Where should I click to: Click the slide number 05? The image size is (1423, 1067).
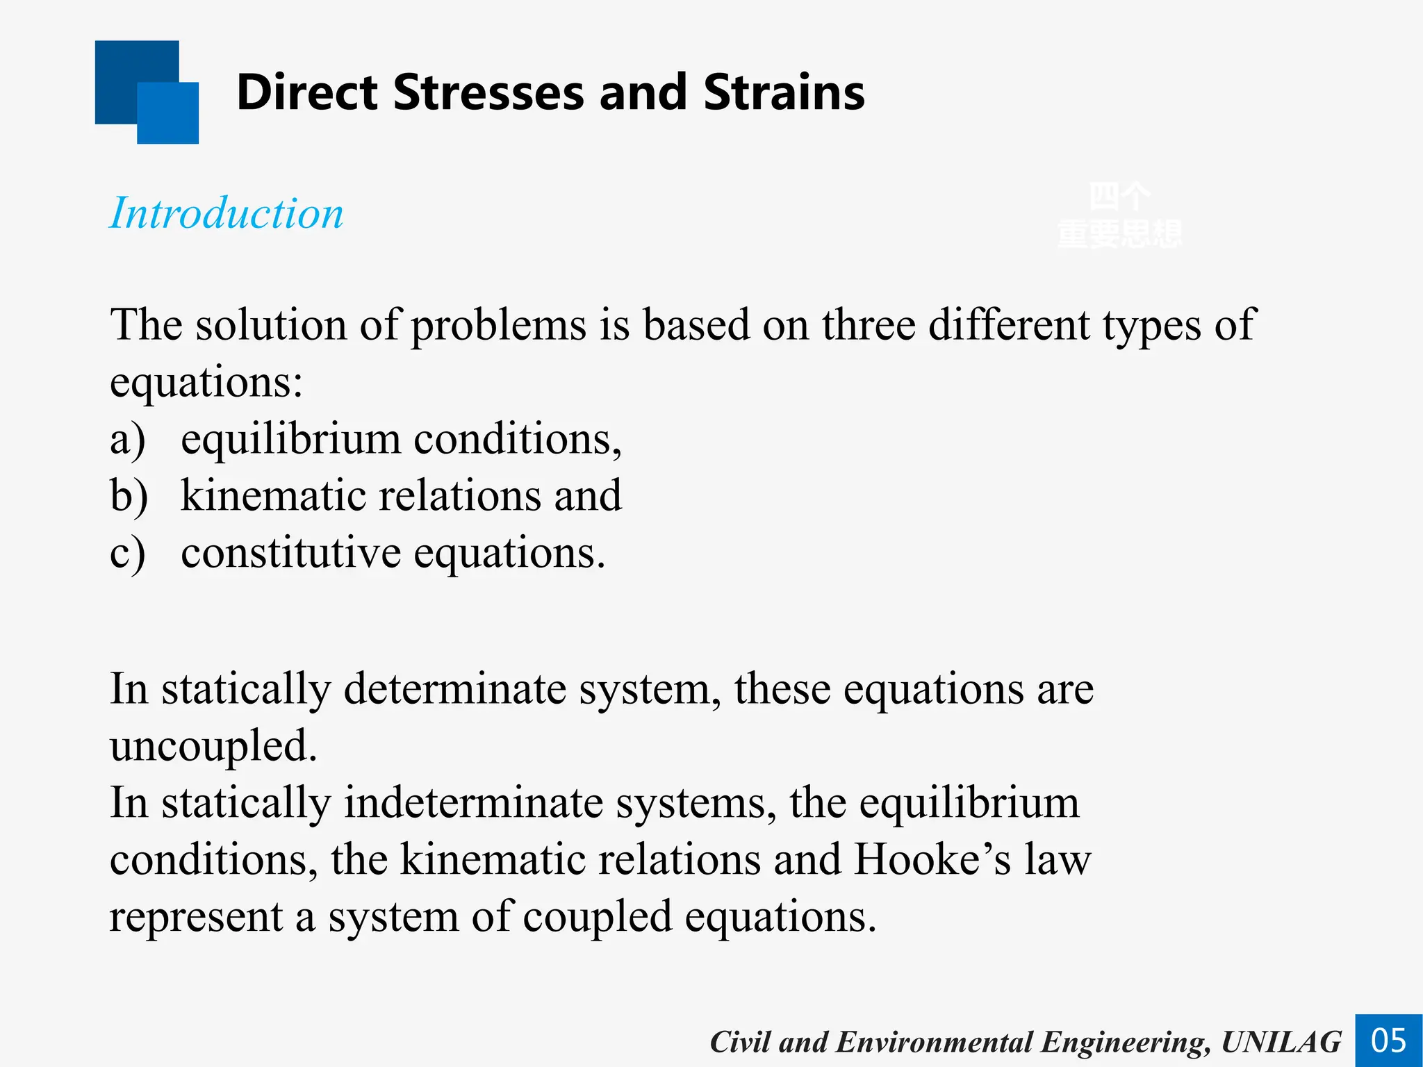[x=1388, y=1041]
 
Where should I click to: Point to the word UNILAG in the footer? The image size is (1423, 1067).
[x=1281, y=1042]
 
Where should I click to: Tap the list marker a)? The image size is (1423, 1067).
[x=128, y=440]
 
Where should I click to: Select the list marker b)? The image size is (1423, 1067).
[x=129, y=496]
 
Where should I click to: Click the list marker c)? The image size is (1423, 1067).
[x=128, y=554]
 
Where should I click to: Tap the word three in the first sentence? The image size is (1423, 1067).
[x=869, y=324]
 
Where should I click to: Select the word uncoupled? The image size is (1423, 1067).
[x=213, y=746]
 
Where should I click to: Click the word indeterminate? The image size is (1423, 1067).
[x=474, y=803]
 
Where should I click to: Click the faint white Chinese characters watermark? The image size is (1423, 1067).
[x=1119, y=215]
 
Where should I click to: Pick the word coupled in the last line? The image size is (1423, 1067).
[x=598, y=917]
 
